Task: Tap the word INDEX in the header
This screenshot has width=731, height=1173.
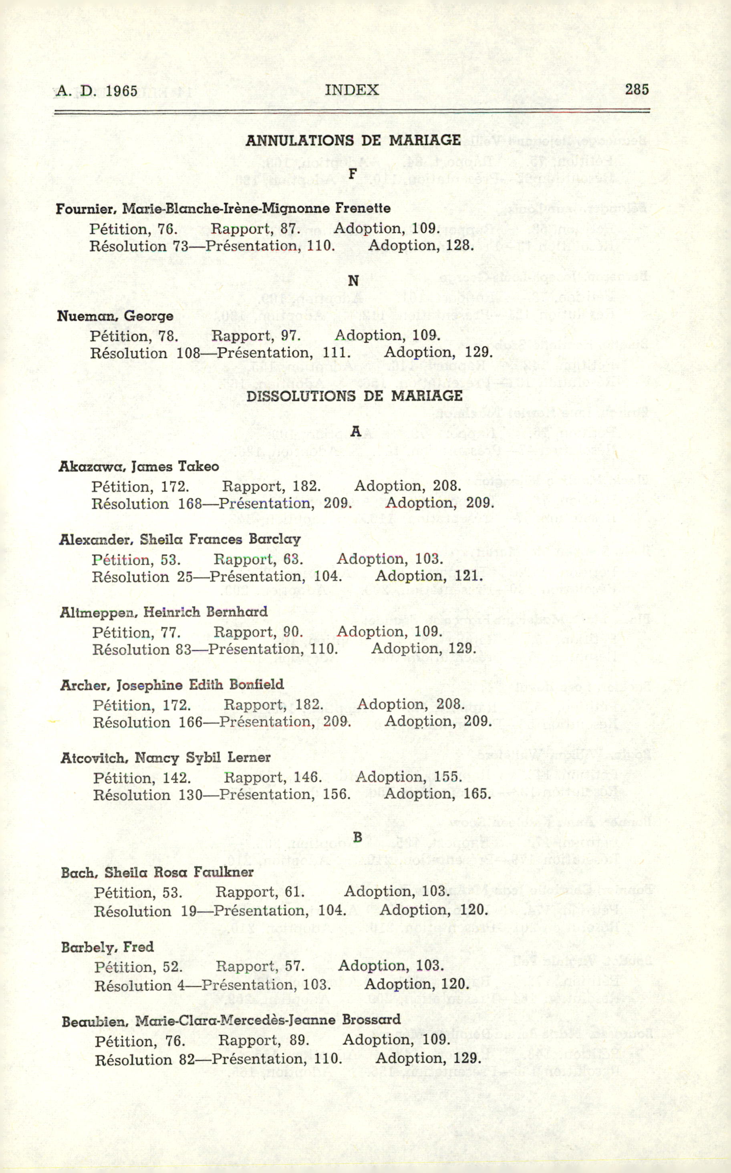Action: click(x=351, y=90)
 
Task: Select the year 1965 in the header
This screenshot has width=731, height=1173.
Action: click(x=121, y=91)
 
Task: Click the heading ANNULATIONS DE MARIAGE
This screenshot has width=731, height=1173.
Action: click(x=353, y=140)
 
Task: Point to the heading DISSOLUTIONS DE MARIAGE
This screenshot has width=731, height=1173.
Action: click(x=354, y=396)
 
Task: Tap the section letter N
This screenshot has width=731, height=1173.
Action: click(x=353, y=281)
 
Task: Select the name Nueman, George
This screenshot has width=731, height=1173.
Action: click(x=115, y=316)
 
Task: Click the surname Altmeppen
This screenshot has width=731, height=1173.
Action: click(x=99, y=613)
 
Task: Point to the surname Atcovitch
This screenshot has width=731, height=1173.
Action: click(x=94, y=758)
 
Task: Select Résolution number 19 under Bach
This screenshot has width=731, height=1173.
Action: click(x=189, y=911)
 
